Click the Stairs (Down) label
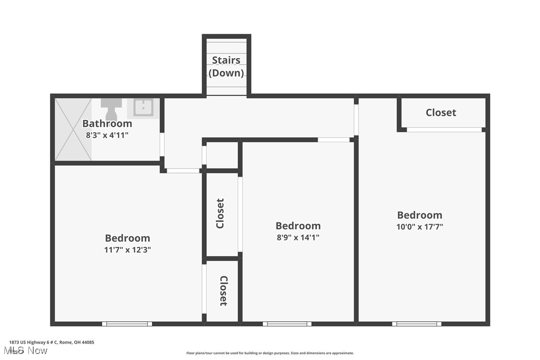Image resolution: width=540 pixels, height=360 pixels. pyautogui.click(x=226, y=67)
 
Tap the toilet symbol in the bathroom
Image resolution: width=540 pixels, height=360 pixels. pyautogui.click(x=111, y=109)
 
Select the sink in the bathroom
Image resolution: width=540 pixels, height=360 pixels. pyautogui.click(x=143, y=107)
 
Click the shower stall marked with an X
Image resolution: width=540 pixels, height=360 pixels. pyautogui.click(x=73, y=129)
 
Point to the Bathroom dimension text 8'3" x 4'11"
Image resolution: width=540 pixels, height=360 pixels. pyautogui.click(x=107, y=135)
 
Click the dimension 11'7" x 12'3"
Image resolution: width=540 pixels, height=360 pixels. pyautogui.click(x=127, y=250)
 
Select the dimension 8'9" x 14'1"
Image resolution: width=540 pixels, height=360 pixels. pyautogui.click(x=298, y=237)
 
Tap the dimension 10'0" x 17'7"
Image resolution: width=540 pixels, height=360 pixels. pyautogui.click(x=420, y=226)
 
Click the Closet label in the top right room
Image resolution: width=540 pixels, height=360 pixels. pyautogui.click(x=441, y=112)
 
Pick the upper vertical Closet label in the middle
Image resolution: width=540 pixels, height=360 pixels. pyautogui.click(x=220, y=214)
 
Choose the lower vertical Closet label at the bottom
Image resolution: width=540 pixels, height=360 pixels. pyautogui.click(x=223, y=291)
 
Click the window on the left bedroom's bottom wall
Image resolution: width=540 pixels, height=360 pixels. pyautogui.click(x=127, y=324)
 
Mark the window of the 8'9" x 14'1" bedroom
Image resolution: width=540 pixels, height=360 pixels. pyautogui.click(x=287, y=324)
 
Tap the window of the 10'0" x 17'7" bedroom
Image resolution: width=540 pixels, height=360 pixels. pyautogui.click(x=416, y=324)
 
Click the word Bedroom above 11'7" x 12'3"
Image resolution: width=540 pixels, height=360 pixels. pyautogui.click(x=127, y=238)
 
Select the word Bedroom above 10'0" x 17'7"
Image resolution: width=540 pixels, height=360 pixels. pyautogui.click(x=420, y=215)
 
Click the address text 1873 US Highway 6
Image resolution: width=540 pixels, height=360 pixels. pyautogui.click(x=52, y=342)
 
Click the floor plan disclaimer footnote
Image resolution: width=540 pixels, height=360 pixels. pyautogui.click(x=270, y=353)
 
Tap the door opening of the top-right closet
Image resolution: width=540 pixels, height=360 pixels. pyautogui.click(x=444, y=130)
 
